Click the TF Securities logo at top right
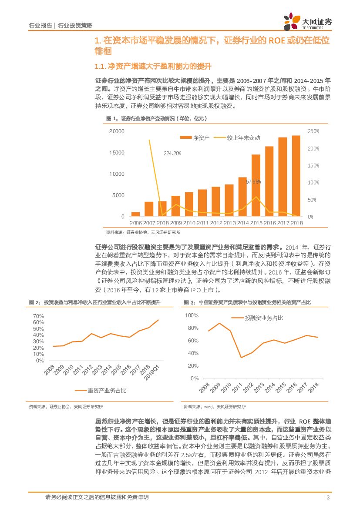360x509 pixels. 307,20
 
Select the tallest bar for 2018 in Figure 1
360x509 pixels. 296,176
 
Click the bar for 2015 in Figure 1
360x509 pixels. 256,185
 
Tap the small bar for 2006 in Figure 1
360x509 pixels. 136,214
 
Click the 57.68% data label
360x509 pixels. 253,181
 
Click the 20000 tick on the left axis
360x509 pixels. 117,131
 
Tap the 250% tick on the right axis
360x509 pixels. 313,131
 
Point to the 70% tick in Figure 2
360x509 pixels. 38,316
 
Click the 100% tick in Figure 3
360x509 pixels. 192,315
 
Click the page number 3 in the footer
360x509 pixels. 327,498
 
